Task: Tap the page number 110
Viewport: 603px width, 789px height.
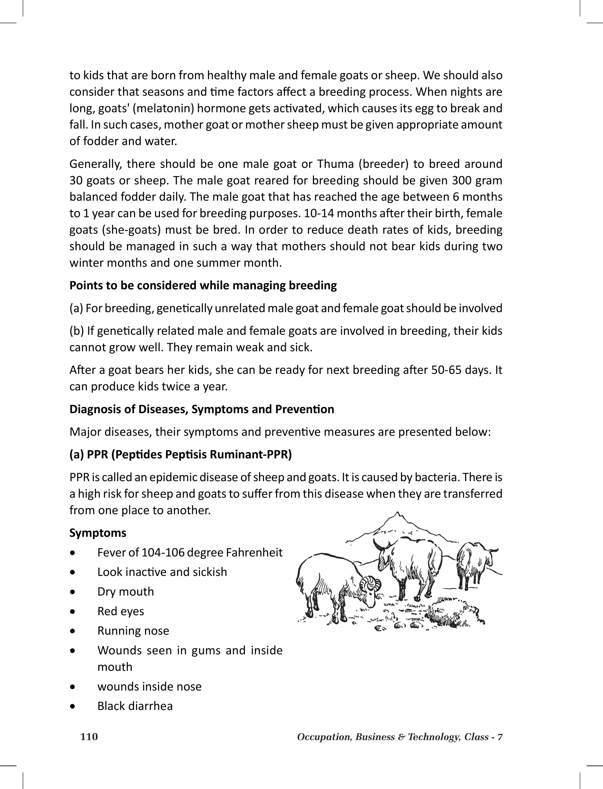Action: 89,737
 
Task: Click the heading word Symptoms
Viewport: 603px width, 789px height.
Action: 98,533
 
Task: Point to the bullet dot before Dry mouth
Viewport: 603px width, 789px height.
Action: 72,592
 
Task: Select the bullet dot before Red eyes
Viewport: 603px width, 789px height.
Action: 72,612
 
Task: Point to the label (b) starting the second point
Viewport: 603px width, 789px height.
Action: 76,331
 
